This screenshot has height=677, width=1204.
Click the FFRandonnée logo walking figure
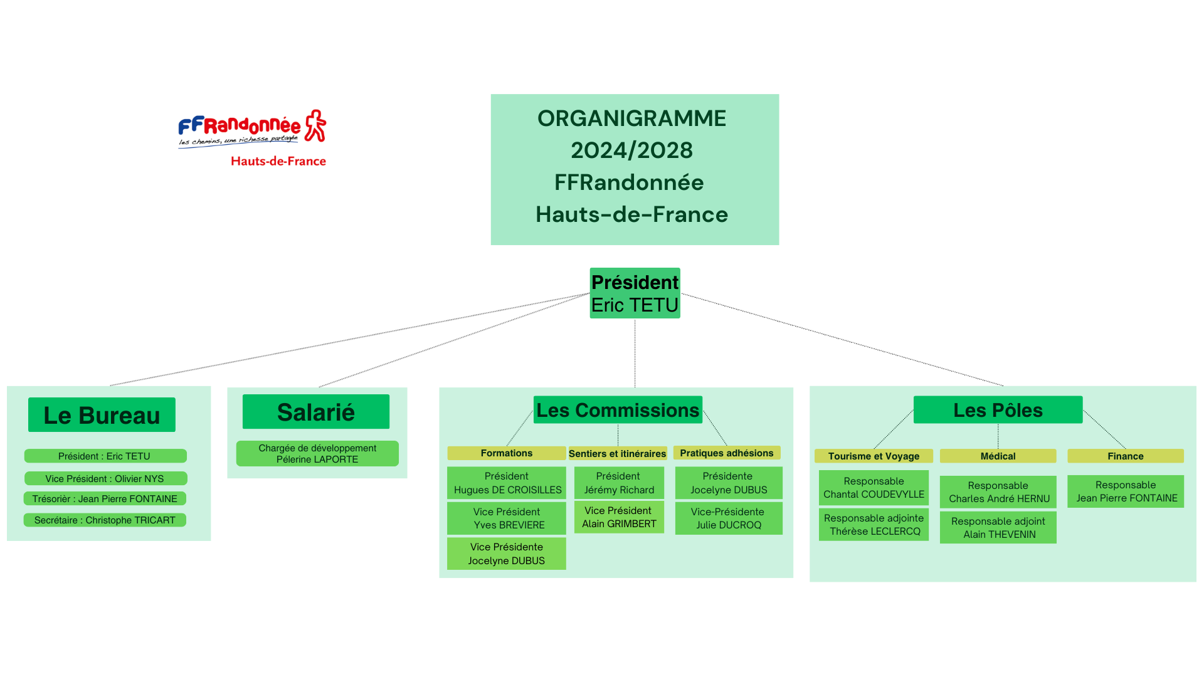315,126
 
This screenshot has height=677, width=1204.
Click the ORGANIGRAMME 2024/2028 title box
635,169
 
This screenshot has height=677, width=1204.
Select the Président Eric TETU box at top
635,293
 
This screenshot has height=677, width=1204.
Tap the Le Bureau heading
102,414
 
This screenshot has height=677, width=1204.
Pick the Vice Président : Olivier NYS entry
105,478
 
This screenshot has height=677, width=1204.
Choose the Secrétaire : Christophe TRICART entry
105,520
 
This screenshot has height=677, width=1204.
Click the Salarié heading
316,411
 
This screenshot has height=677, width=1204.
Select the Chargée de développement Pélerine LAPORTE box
317,453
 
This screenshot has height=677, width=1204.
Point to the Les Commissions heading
618,409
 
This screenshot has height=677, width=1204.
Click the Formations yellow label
507,453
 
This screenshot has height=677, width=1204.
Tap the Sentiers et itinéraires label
618,453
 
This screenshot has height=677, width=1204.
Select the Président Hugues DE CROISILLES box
507,483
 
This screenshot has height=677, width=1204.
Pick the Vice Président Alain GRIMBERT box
619,517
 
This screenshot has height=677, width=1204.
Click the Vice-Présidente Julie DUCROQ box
729,518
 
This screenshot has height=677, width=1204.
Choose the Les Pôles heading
998,409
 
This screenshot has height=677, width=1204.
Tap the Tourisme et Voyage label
874,456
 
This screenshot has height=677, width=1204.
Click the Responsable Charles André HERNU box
998,491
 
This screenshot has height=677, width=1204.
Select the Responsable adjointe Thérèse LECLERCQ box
874,524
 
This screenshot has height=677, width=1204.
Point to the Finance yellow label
1126,456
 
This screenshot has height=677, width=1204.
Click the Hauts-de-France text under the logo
278,161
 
